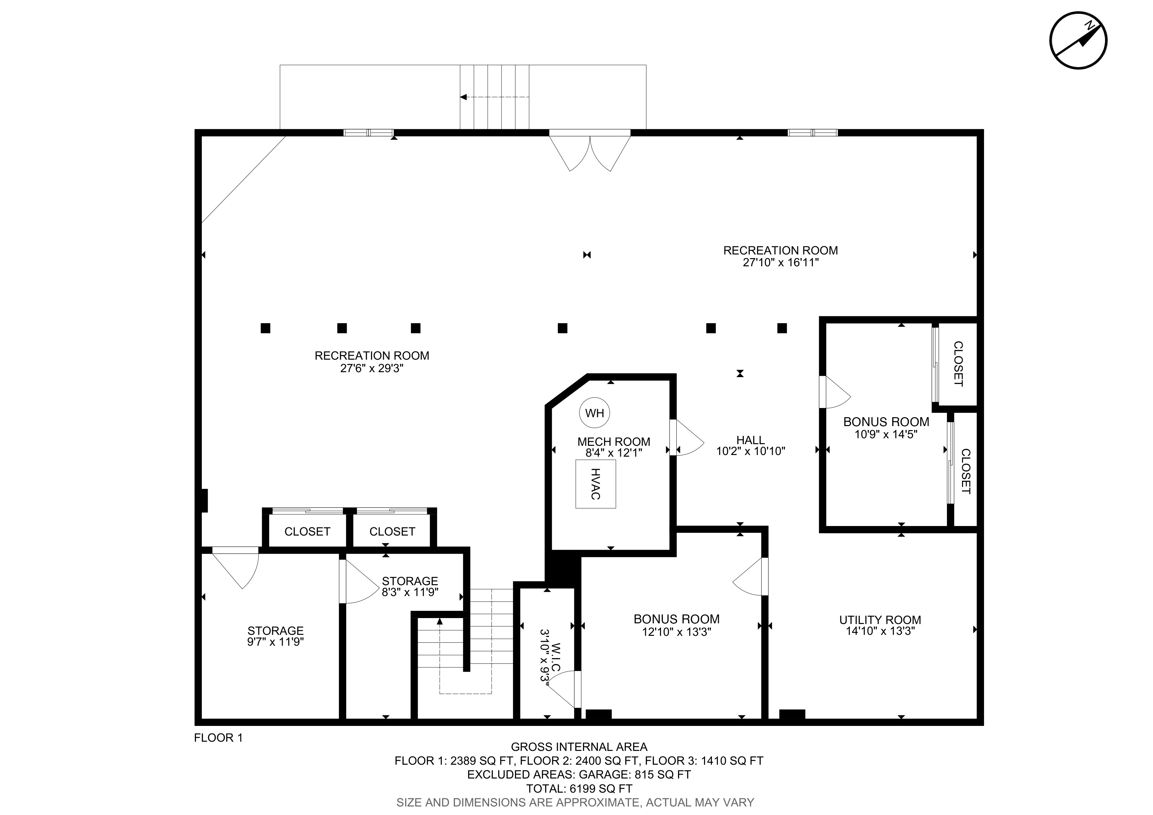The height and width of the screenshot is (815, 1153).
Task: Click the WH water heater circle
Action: pos(595,413)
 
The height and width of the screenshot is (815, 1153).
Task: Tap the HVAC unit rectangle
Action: pos(596,484)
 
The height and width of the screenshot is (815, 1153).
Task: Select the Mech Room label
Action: pos(614,442)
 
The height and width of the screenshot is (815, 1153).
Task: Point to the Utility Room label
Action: pos(880,620)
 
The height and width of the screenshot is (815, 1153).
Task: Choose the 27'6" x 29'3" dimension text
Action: pos(372,369)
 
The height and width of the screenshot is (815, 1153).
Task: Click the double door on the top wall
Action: pos(590,151)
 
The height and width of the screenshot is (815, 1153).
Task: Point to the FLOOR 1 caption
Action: pos(219,738)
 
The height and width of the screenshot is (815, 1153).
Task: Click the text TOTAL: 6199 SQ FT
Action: pos(579,789)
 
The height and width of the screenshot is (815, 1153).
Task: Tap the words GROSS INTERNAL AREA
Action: pos(579,747)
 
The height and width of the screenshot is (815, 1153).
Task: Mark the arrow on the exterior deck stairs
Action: pos(495,97)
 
